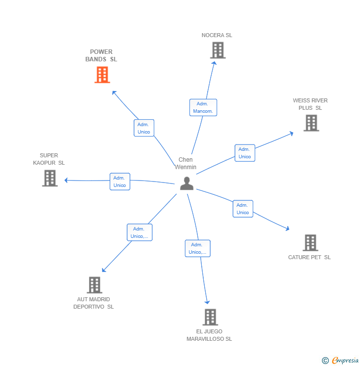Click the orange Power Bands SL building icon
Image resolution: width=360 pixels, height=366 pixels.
point(102,75)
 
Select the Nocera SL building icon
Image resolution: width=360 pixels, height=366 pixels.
point(218,50)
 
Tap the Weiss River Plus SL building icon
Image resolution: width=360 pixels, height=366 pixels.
point(311,123)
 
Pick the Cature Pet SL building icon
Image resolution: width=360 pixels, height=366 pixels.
point(310,243)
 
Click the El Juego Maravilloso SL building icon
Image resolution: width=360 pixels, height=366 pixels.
point(210,317)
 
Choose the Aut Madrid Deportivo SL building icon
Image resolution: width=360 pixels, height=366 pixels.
point(94,285)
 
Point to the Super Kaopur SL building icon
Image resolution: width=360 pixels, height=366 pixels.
point(50,178)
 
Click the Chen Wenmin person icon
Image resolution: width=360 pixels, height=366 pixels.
point(186,183)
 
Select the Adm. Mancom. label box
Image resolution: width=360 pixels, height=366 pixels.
point(203,107)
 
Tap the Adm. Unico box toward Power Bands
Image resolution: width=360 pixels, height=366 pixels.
point(144,128)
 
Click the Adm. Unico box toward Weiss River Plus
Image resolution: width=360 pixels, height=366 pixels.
point(245,153)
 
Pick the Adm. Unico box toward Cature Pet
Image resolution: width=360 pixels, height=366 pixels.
point(243,209)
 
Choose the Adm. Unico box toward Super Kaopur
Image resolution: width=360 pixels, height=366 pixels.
point(120,182)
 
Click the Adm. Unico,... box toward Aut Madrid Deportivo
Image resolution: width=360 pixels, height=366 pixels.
point(139,232)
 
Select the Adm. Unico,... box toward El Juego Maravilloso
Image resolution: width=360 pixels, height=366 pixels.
point(197,248)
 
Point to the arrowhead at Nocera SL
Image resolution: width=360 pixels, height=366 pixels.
point(214,63)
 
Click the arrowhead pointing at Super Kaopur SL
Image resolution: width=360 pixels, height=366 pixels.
point(66,180)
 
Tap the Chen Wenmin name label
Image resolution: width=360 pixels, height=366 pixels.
point(185,163)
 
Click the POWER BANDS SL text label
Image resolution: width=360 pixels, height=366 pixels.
point(101,55)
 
